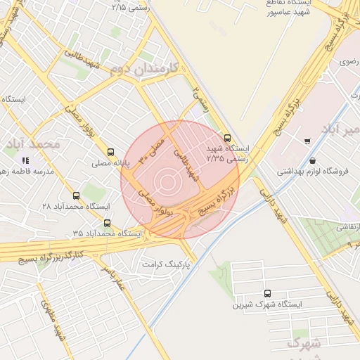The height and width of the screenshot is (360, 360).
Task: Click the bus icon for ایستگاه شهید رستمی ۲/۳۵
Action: (x=226, y=138)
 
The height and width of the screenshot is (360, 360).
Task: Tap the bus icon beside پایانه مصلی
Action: (x=110, y=152)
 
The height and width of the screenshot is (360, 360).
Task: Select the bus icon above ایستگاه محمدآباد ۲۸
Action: (x=76, y=195)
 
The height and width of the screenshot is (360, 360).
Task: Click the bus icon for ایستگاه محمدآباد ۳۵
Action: (x=107, y=223)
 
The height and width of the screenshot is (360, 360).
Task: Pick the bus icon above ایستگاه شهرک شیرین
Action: (x=267, y=293)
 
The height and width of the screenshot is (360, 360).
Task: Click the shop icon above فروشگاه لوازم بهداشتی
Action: (x=312, y=161)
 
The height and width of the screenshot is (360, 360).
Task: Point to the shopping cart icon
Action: (x=307, y=141)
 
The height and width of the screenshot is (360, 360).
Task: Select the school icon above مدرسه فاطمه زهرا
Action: (x=26, y=161)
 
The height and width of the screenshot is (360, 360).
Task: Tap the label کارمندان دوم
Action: (x=151, y=67)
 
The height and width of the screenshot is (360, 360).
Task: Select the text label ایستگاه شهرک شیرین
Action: (x=267, y=305)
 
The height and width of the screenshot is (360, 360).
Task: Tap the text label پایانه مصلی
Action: (x=110, y=164)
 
